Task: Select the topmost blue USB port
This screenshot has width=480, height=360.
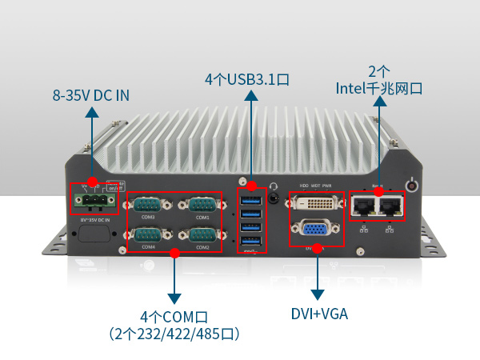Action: (x=250, y=199)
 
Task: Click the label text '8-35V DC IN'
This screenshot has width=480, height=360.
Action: (x=91, y=96)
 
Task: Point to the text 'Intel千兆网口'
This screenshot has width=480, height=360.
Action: (x=378, y=88)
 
